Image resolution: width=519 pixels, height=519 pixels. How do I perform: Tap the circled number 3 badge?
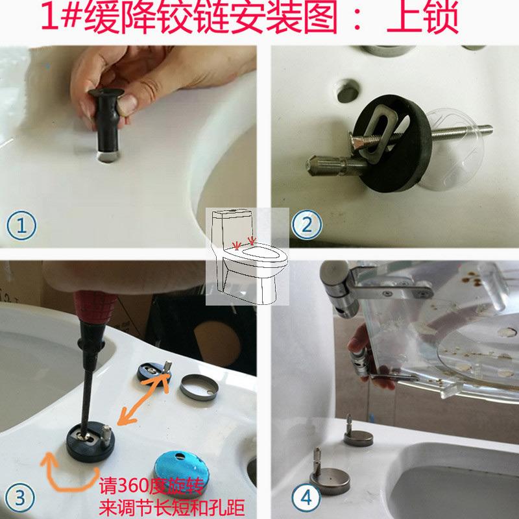[x=22, y=498]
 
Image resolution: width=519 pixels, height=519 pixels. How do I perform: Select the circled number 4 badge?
[x=305, y=498]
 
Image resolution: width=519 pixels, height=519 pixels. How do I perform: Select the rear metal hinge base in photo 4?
[x=357, y=436]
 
